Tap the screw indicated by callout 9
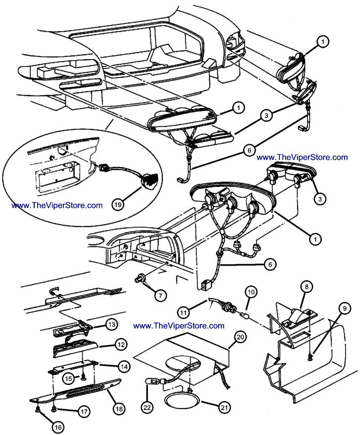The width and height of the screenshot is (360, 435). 311,356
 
